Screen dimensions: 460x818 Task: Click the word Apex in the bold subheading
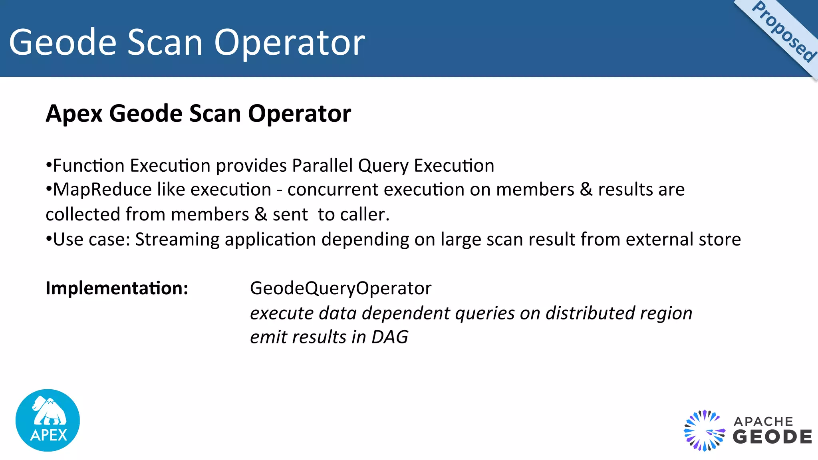74,114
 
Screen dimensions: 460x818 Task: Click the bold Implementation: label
117,288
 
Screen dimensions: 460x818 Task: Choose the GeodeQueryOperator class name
341,288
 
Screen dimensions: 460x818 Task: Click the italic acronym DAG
390,337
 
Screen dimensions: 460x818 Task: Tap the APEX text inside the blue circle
48,435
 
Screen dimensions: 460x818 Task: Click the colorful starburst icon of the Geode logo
704,431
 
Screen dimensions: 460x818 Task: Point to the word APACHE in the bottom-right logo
763,422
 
